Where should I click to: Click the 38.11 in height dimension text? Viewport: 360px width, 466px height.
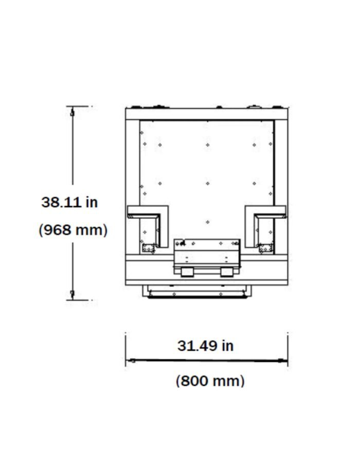[x=69, y=202]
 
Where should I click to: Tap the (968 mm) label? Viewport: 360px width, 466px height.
[x=73, y=230]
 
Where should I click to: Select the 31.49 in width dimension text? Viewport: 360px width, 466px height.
[x=205, y=346]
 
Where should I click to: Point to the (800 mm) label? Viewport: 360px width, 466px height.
[x=210, y=381]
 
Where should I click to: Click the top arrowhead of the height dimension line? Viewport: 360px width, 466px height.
[x=72, y=112]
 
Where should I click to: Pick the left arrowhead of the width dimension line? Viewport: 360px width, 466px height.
[x=131, y=361]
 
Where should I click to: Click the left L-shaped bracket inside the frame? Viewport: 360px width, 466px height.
[x=148, y=209]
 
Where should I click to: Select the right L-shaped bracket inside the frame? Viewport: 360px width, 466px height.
[x=265, y=209]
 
